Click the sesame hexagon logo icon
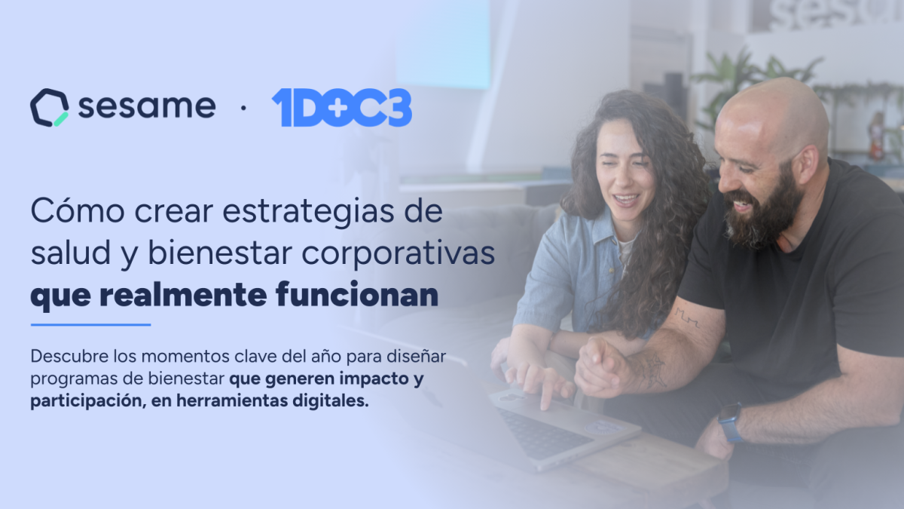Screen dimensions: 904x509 click(x=49, y=107)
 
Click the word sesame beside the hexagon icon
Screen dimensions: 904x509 click(x=147, y=106)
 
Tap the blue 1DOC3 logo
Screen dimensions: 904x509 click(x=342, y=107)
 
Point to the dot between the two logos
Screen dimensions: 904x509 click(x=243, y=108)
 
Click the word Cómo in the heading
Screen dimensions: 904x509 click(x=78, y=211)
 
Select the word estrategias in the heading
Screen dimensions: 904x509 click(x=308, y=212)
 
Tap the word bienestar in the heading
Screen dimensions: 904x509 click(x=220, y=253)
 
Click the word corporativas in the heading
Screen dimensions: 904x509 click(x=399, y=254)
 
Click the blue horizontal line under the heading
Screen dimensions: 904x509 click(x=91, y=324)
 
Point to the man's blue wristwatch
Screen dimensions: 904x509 click(x=731, y=422)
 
